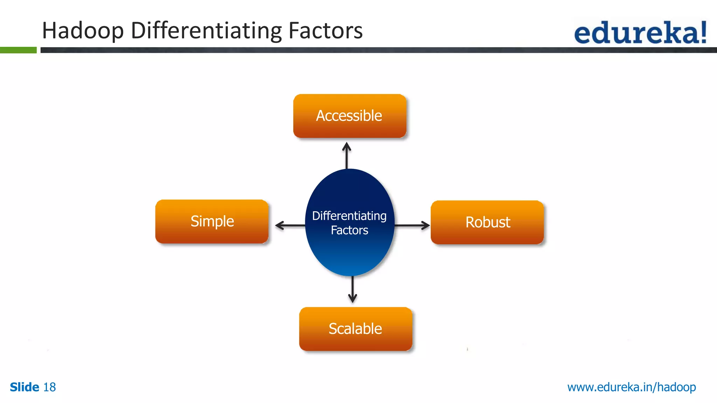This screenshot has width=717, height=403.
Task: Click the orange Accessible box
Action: coord(349,116)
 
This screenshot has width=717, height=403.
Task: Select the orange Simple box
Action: coord(212,221)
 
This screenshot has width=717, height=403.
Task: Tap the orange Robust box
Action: coord(487,222)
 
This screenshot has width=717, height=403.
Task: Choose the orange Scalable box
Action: coord(355,329)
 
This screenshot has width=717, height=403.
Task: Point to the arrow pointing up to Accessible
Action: coord(347,155)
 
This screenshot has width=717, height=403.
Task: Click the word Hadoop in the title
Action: coord(83,31)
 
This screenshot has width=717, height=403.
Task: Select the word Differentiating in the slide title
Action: coord(206,31)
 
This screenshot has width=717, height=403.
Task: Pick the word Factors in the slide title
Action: coord(325,31)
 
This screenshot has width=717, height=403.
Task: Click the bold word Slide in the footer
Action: coord(25,387)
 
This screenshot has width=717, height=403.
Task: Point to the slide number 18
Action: coord(49,387)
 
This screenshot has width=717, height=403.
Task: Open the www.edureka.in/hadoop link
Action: coord(631,387)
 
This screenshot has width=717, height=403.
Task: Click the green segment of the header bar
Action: coord(18,50)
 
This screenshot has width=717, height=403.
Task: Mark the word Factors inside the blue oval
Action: coord(349,230)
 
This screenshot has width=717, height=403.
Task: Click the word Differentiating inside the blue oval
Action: coord(349,216)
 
